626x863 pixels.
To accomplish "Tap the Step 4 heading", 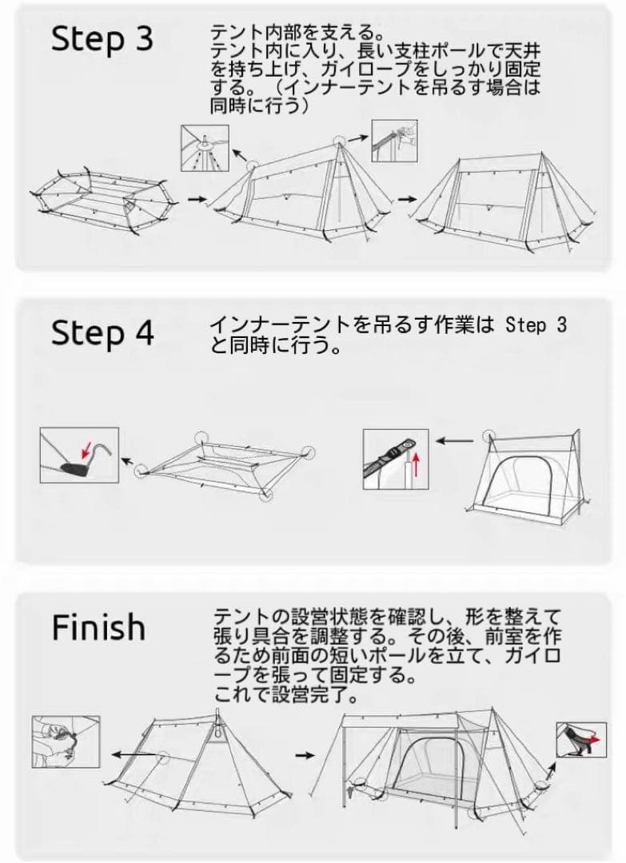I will click(x=102, y=333).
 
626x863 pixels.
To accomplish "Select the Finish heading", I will click(x=98, y=627).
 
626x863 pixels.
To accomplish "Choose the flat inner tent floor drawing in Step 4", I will click(x=227, y=463).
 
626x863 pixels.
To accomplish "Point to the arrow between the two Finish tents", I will click(x=302, y=754).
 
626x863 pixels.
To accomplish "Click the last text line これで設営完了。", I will click(x=284, y=692).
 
